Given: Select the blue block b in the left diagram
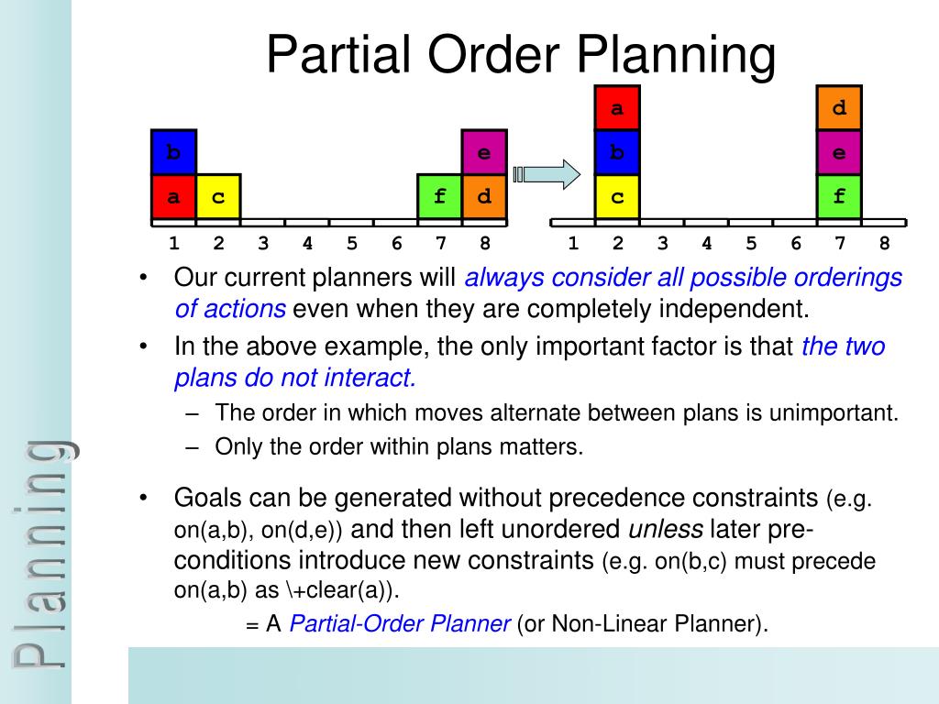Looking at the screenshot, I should click(173, 152).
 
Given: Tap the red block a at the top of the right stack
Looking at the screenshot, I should click(617, 108).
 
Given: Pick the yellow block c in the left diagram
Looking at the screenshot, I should click(218, 196).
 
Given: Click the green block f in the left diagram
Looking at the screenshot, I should click(440, 196).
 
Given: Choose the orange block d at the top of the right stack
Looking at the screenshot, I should click(839, 108).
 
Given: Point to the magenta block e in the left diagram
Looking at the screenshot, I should click(484, 152).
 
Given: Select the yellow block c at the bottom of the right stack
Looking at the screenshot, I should click(617, 196).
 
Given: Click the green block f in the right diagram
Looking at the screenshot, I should click(839, 196).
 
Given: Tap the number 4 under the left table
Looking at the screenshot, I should click(307, 244).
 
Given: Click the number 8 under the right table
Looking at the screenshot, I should click(884, 244).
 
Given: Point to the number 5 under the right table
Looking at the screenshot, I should click(751, 244).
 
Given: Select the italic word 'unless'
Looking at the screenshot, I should click(665, 530).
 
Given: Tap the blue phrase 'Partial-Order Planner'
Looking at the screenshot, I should click(400, 624).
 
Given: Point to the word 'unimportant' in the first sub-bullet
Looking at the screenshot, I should click(839, 412).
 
